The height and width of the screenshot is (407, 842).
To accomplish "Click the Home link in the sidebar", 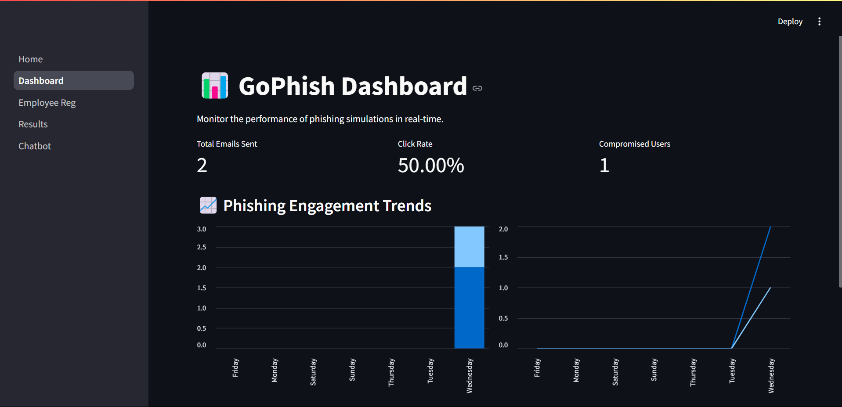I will pos(31,59).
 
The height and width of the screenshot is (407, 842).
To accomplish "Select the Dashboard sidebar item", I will pos(41,81).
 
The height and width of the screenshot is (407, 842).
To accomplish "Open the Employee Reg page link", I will pos(47,103).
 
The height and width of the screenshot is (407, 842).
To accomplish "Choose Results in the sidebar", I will pos(33,124).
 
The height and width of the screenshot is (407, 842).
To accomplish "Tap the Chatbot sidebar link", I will pos(35,146).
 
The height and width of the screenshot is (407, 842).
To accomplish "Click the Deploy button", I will pos(790,22).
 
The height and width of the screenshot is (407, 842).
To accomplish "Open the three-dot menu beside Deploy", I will pos(819,22).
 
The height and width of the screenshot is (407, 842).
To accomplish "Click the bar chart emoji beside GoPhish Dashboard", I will pos(215,86).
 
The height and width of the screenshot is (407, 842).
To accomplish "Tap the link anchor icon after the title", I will pos(477,88).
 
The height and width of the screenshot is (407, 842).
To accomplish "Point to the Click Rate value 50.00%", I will pos(431,166).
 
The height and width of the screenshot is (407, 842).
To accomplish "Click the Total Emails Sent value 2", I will pos(202,166).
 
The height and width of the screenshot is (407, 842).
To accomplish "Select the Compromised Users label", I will pos(634,144).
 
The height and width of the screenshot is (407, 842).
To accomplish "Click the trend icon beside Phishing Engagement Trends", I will pos(208,205).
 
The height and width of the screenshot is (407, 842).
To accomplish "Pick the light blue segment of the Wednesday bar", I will pos(469,247).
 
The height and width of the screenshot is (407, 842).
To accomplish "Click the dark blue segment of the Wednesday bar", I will pos(469,307).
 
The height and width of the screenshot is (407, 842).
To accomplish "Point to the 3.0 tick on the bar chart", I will pos(202,229).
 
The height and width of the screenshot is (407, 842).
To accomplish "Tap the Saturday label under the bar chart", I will pos(313,372).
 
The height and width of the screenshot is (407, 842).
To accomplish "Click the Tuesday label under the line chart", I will pos(732,371).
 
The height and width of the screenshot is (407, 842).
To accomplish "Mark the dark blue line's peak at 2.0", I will pos(770,227).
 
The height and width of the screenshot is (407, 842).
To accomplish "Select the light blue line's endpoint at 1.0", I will pos(770,288).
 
